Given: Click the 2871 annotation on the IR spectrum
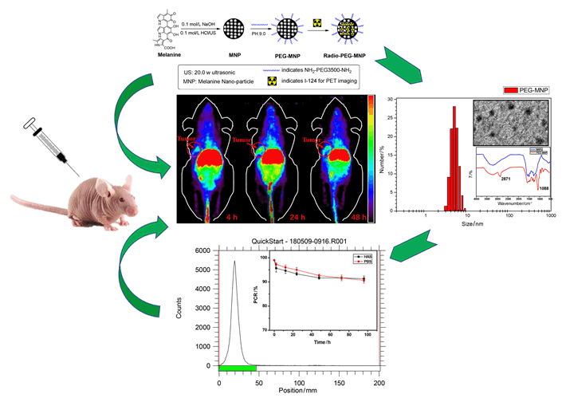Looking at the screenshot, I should tap(505, 179).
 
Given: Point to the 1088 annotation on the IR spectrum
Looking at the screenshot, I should tap(545, 188).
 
